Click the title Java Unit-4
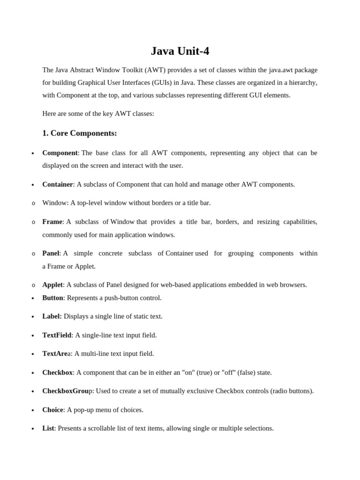pyautogui.click(x=180, y=51)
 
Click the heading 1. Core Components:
pyautogui.click(x=79, y=133)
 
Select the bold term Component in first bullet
pyautogui.click(x=60, y=153)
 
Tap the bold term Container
pyautogui.click(x=58, y=184)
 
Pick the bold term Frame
pyautogui.click(x=52, y=222)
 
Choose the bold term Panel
pyautogui.click(x=51, y=253)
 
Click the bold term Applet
pyautogui.click(x=52, y=285)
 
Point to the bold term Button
pyautogui.click(x=52, y=298)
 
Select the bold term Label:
pyautogui.click(x=52, y=316)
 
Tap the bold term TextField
pyautogui.click(x=57, y=335)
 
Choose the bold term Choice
pyautogui.click(x=52, y=410)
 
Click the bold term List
pyautogui.click(x=48, y=428)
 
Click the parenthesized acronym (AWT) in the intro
pyautogui.click(x=155, y=70)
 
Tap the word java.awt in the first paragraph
pyautogui.click(x=282, y=70)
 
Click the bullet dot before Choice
pyautogui.click(x=33, y=411)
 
